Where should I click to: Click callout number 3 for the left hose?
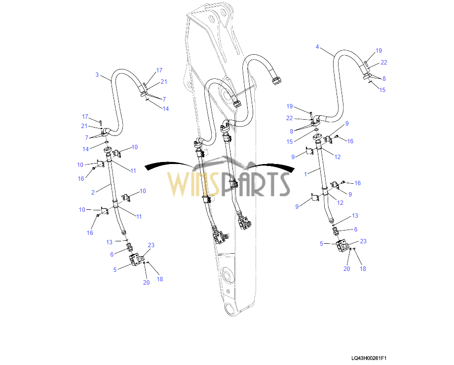point(97,75)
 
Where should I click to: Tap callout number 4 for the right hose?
point(317,47)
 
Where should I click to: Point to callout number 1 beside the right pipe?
point(305,174)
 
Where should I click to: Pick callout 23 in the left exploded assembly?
point(151,245)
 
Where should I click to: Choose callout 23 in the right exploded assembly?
point(363,241)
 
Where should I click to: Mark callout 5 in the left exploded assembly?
point(115,269)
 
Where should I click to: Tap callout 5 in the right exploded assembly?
point(321,243)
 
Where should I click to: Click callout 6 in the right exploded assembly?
point(355,230)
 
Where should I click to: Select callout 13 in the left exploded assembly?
point(109,242)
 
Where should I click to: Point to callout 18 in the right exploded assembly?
point(363,268)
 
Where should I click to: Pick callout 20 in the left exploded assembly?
point(147,282)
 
